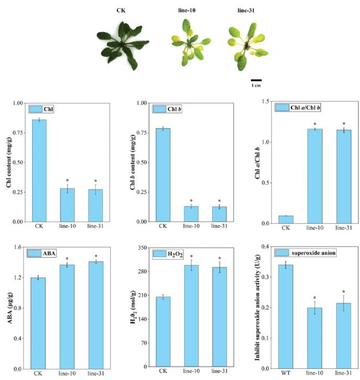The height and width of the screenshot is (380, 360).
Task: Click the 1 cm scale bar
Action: pyautogui.click(x=256, y=81)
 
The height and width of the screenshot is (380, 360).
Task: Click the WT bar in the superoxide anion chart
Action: pyautogui.click(x=286, y=316)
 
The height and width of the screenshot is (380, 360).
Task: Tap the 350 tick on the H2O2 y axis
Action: pyautogui.click(x=137, y=248)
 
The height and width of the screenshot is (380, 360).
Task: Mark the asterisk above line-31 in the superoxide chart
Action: pyautogui.click(x=344, y=292)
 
